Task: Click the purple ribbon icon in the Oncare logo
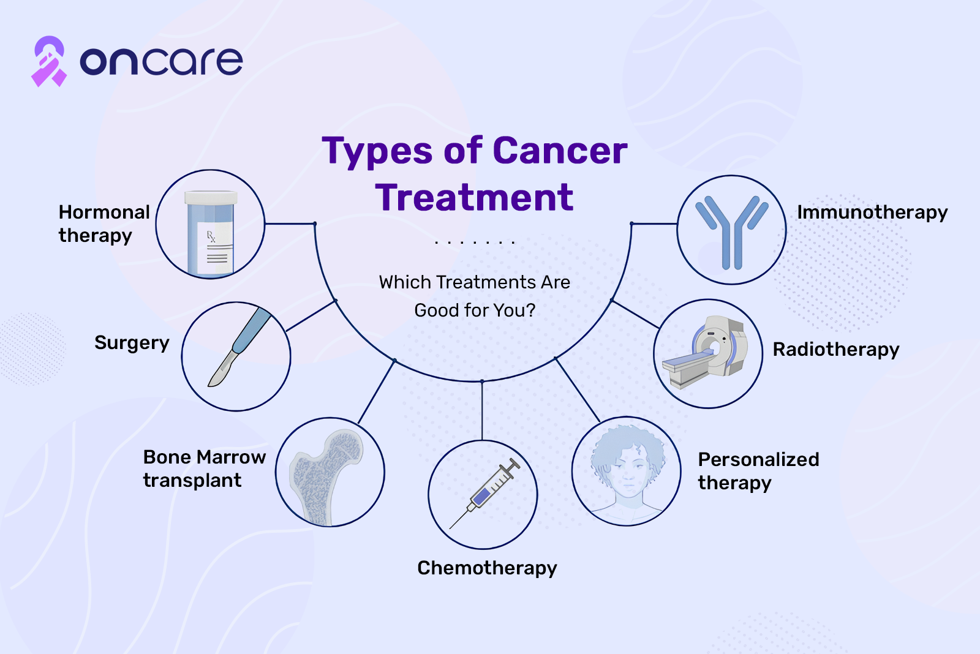click(x=49, y=61)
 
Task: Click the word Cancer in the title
click(x=560, y=151)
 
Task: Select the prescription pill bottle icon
click(x=211, y=233)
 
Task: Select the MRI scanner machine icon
click(x=705, y=351)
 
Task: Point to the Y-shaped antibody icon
click(x=732, y=232)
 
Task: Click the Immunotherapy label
click(x=872, y=213)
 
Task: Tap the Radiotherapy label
click(x=836, y=350)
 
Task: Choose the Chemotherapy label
click(x=487, y=569)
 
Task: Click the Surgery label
click(x=132, y=344)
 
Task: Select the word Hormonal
click(x=104, y=212)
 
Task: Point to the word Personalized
click(x=759, y=460)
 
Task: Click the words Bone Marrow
click(x=205, y=457)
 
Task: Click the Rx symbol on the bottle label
click(x=211, y=236)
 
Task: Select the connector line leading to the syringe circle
click(x=482, y=411)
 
